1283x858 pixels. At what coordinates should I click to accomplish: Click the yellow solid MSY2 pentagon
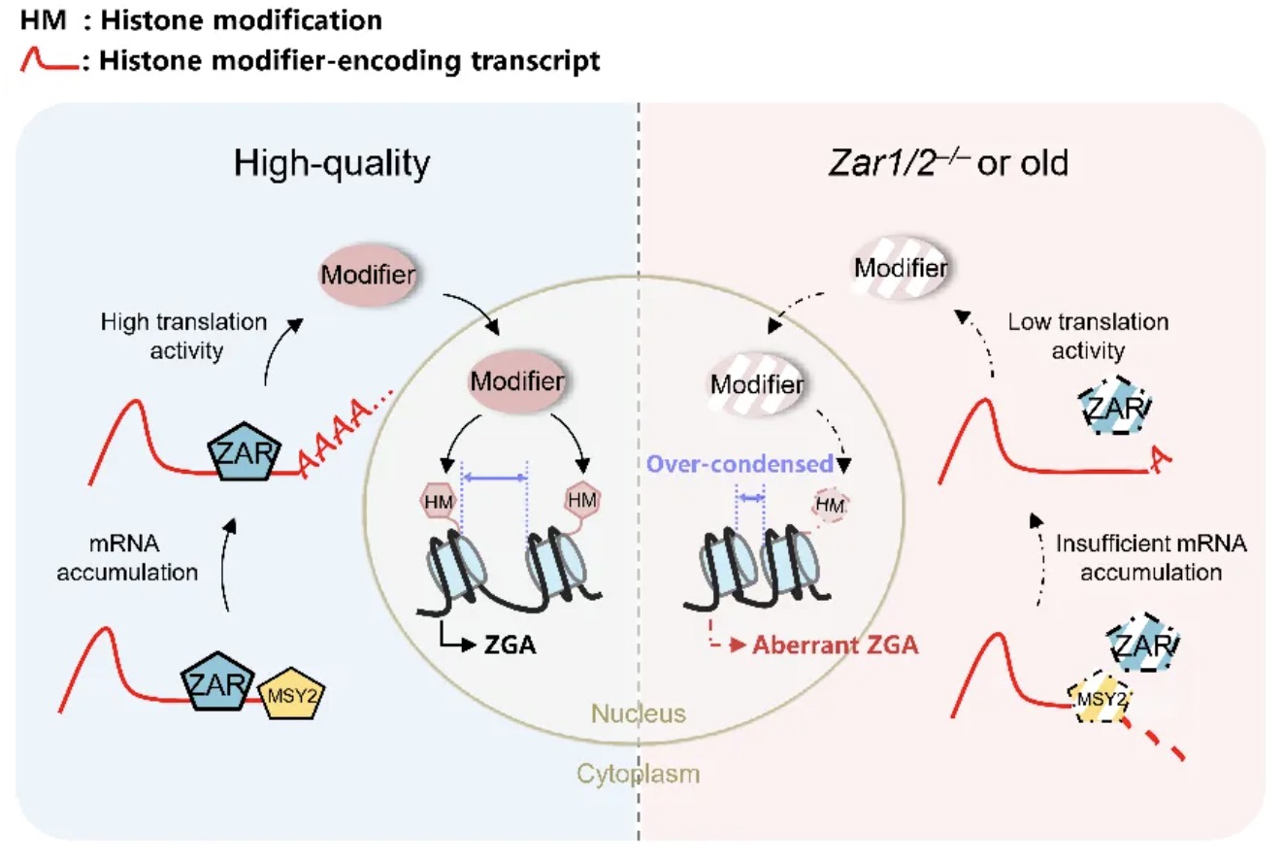click(292, 694)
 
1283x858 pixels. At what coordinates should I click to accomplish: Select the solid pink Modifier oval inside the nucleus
click(517, 381)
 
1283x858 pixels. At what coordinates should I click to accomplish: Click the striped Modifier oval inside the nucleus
click(757, 383)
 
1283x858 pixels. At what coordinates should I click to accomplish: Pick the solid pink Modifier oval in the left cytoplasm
click(368, 275)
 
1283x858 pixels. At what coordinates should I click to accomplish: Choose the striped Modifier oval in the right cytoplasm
click(901, 268)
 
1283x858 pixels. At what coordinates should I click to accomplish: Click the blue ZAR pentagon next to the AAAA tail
click(245, 452)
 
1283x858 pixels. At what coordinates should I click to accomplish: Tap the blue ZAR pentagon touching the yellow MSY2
click(217, 681)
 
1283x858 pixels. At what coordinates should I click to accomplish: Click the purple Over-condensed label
click(740, 464)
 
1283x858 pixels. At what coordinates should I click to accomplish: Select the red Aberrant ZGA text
click(835, 644)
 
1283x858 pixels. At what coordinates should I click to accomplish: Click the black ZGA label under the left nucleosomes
click(510, 644)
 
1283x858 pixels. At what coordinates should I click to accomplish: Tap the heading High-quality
click(332, 164)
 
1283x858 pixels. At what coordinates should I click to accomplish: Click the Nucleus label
click(638, 713)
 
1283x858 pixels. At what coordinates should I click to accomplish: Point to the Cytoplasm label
click(638, 774)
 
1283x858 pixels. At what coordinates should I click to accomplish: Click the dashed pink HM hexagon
click(830, 505)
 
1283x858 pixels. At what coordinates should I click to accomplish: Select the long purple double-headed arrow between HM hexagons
click(494, 478)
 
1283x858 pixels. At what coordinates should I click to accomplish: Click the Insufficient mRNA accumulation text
click(1151, 557)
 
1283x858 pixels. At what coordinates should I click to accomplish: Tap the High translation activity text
click(184, 336)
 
